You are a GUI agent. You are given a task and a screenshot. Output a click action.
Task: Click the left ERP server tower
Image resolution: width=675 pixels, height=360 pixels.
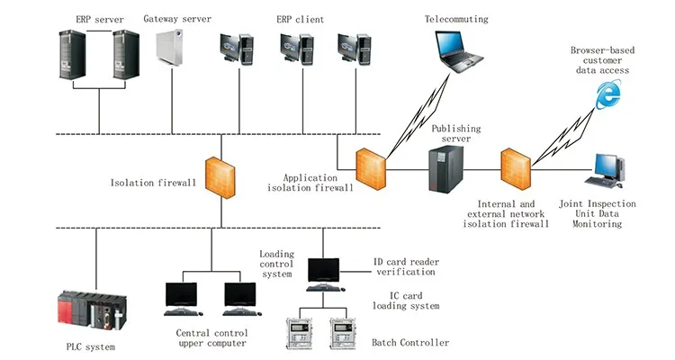pyautogui.click(x=70, y=60)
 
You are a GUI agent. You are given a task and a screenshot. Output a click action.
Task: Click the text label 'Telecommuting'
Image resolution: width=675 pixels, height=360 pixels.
pyautogui.click(x=456, y=19)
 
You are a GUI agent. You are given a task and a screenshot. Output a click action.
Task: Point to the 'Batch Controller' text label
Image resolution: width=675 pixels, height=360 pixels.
pyautogui.click(x=410, y=343)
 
